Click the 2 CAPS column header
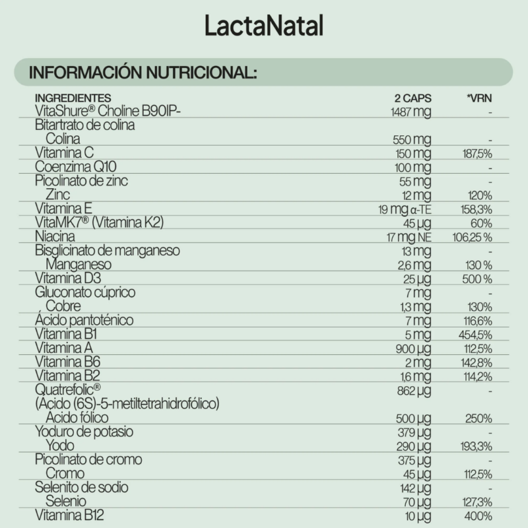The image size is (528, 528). click(412, 98)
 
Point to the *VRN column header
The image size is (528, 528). click(479, 98)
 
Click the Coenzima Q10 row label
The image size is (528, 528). click(70, 167)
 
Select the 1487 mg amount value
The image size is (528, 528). click(411, 112)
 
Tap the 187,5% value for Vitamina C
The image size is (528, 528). click(477, 153)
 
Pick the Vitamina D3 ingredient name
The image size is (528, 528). click(66, 279)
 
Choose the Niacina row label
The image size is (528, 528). click(55, 236)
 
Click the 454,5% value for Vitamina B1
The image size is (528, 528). click(477, 335)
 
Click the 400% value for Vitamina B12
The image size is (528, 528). click(478, 515)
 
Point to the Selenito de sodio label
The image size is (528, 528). click(81, 487)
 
